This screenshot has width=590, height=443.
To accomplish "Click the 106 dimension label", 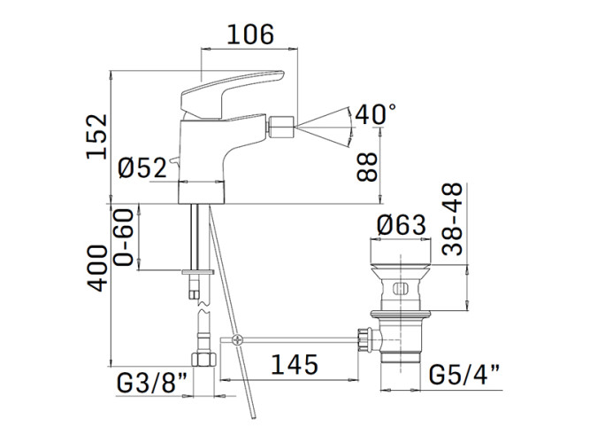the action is pyautogui.click(x=250, y=35).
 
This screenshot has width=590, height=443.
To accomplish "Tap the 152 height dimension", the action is pyautogui.click(x=96, y=136).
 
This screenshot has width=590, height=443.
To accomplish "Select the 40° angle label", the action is pyautogui.click(x=376, y=114).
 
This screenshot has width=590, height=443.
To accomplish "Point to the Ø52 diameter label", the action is pyautogui.click(x=142, y=167).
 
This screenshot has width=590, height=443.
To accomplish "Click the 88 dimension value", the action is pyautogui.click(x=367, y=167).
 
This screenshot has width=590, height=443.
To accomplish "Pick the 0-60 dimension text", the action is pyautogui.click(x=124, y=237).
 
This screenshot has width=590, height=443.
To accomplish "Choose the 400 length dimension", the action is pyautogui.click(x=97, y=268).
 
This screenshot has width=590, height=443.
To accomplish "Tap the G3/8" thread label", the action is pyautogui.click(x=152, y=383).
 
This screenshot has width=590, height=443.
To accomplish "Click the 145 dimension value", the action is pyautogui.click(x=295, y=364).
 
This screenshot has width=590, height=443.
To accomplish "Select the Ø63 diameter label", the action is pyautogui.click(x=402, y=225).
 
